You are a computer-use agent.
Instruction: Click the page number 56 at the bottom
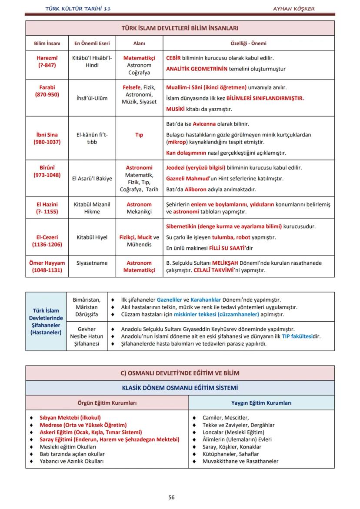171,497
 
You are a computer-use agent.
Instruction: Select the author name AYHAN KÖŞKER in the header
293,9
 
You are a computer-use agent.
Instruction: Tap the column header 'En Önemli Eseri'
92,43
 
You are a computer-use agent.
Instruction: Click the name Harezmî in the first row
47,58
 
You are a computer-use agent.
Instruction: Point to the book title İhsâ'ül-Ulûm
92,98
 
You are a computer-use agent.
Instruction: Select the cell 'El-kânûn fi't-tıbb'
92,138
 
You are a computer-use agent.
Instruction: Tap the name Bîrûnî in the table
47,167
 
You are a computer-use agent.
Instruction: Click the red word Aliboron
195,190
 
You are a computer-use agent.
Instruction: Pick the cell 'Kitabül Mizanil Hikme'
92,208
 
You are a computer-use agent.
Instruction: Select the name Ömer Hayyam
47,263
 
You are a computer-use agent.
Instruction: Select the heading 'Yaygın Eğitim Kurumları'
261,403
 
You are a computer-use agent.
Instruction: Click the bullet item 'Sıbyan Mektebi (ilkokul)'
70,418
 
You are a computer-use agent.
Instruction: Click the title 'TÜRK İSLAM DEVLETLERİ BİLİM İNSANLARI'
180,28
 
